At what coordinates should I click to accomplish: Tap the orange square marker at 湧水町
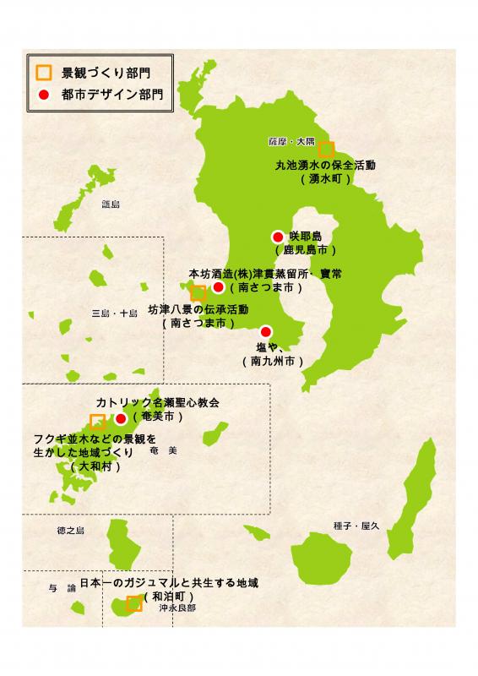click(327, 149)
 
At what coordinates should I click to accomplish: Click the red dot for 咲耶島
click(277, 237)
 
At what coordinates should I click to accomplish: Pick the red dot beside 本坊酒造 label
click(218, 287)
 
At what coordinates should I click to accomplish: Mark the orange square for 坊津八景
click(198, 293)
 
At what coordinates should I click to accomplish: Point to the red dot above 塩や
click(266, 331)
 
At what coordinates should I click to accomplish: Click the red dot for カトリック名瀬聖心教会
click(121, 417)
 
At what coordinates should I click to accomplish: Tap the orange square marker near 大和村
click(98, 421)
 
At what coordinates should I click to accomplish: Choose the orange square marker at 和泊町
click(133, 603)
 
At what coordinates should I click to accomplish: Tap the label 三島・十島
click(114, 313)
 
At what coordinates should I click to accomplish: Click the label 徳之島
click(71, 530)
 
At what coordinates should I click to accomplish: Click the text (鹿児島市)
click(305, 250)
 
